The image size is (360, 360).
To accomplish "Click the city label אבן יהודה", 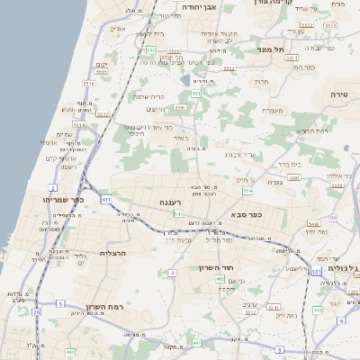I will pyautogui.click(x=201, y=7).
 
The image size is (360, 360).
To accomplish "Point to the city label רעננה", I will pyautogui.click(x=170, y=202).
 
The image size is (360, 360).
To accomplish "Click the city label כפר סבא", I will pyautogui.click(x=245, y=214).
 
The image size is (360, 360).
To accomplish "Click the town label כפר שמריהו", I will pyautogui.click(x=63, y=200).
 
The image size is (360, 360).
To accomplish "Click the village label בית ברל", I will pyautogui.click(x=288, y=165).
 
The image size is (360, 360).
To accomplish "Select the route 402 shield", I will pyautogui.click(x=220, y=279).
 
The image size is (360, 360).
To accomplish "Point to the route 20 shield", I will pyautogui.click(x=36, y=312).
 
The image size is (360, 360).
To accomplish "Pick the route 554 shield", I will pyautogui.click(x=247, y=191).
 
